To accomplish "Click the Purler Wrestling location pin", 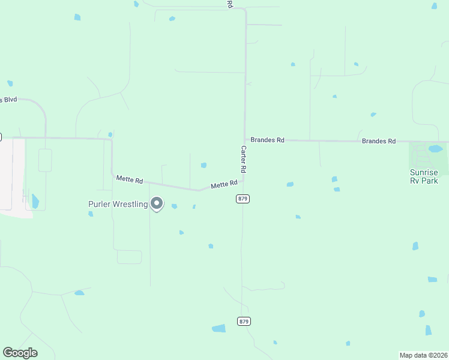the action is [157, 203].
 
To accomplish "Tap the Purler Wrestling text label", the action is [118, 204].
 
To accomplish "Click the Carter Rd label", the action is [244, 160].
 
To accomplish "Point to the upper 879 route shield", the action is [243, 199].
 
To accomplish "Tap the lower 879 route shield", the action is [243, 322].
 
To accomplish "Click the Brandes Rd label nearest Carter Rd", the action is [267, 140].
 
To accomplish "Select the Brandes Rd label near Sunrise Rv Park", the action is [379, 141].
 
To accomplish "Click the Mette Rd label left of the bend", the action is [130, 179].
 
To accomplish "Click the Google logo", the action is [20, 353].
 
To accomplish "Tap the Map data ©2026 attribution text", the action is [424, 355].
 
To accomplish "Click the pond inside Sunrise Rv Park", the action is [435, 149].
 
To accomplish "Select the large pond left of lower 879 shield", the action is [218, 328].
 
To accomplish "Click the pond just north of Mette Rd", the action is [203, 165].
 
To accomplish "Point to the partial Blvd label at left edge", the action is [9, 99].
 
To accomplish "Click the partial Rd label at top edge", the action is [229, 4].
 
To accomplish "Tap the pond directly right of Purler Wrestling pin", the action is [174, 206].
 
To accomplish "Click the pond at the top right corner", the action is [434, 6].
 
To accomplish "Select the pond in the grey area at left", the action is [35, 201].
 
